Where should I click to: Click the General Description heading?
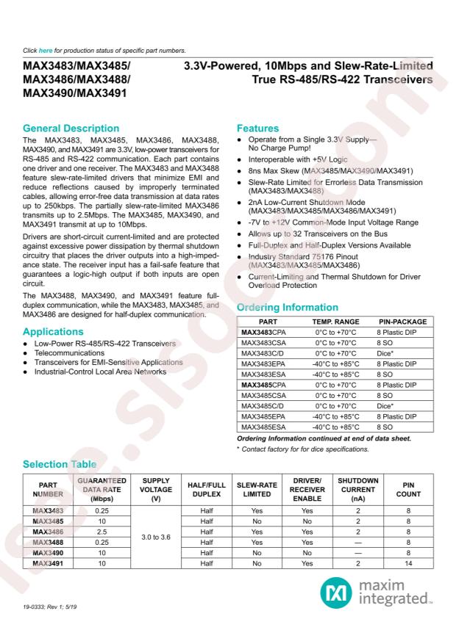tap(70, 129)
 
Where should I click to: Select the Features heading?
tap(258, 129)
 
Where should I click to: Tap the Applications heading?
tap(53, 332)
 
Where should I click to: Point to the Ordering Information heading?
tap(288, 307)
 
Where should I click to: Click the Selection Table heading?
tap(60, 464)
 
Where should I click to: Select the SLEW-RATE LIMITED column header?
tap(257, 489)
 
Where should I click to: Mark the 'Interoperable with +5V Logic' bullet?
tap(291, 158)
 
